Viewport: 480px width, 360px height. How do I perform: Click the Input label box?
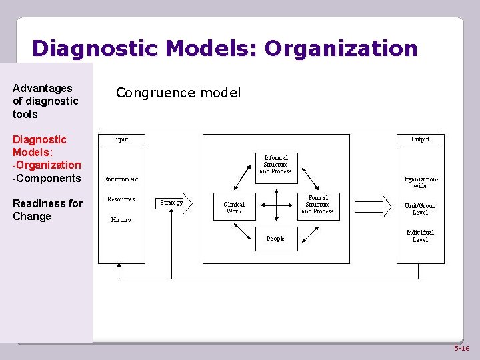(x=121, y=139)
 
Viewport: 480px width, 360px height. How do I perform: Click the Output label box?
(x=420, y=139)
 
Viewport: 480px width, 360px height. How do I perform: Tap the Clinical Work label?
(x=234, y=208)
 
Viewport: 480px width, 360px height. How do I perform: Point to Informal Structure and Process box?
(x=276, y=165)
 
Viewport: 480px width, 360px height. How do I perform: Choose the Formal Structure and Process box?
(x=318, y=205)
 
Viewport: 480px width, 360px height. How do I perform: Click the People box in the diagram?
(x=275, y=238)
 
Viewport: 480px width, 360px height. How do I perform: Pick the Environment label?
(x=121, y=179)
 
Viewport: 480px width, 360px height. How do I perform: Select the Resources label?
(x=121, y=199)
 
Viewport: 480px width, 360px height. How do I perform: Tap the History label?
(x=121, y=220)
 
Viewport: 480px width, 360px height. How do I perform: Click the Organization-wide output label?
(x=420, y=182)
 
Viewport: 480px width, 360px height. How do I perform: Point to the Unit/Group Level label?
(x=420, y=209)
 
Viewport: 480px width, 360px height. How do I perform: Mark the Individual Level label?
(x=420, y=236)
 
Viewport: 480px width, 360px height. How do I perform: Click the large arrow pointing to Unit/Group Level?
(x=377, y=205)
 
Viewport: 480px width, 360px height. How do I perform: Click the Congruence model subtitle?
(x=178, y=93)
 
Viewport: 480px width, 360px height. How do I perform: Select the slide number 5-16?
(x=461, y=349)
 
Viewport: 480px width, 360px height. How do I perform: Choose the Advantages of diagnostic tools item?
(x=45, y=101)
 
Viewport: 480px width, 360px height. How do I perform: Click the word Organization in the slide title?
(x=341, y=49)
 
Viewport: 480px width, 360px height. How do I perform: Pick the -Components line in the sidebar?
(x=47, y=178)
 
